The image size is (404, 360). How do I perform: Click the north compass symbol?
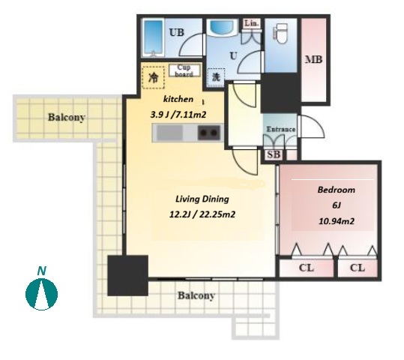coord(41,294)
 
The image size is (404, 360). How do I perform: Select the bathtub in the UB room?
coord(154,37)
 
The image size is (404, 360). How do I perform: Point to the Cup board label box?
coord(184,70)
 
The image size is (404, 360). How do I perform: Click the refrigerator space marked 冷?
coord(154,77)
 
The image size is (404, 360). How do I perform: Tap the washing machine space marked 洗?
coord(216,77)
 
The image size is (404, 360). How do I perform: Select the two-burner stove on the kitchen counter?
coord(209,133)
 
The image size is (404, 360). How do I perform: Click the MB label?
coord(313,60)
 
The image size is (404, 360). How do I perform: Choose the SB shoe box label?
coord(274,154)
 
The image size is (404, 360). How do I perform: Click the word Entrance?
coord(280,129)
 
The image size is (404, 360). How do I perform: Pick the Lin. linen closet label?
coord(251,23)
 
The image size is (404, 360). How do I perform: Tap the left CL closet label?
coord(307,268)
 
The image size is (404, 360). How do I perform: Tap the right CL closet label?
coord(358,268)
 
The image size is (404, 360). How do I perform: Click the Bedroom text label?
coord(337,190)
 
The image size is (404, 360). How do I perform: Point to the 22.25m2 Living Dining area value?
coord(217,214)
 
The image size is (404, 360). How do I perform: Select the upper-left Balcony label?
coord(67,117)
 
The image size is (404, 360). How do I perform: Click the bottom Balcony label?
coord(196,295)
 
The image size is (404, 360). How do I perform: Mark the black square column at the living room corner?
coord(127,275)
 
